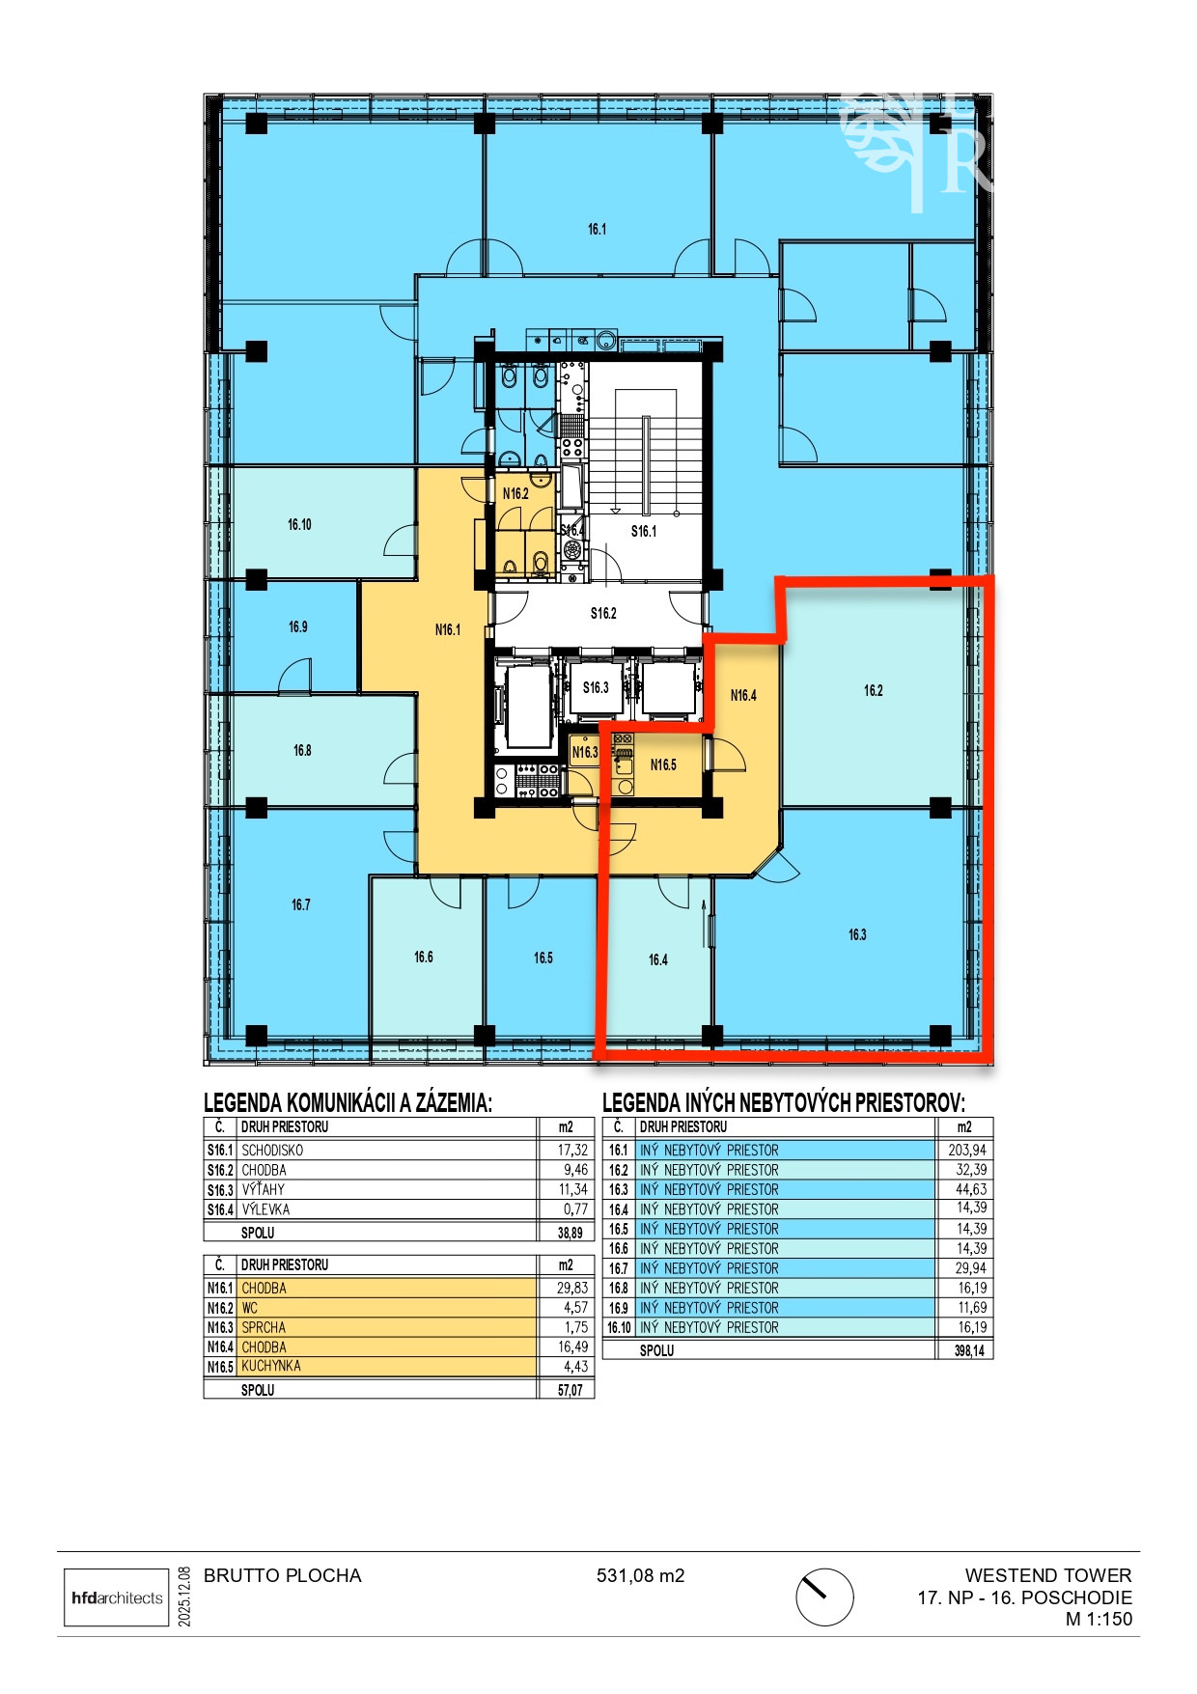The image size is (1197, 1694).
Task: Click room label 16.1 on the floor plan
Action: pos(597,230)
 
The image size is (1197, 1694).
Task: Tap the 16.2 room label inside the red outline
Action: pos(873,690)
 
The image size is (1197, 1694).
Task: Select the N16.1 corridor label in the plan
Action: pos(448,630)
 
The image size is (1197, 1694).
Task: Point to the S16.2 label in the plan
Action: pos(603,613)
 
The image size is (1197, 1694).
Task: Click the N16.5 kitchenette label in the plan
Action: pos(663,764)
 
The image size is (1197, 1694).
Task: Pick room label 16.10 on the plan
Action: pos(299,525)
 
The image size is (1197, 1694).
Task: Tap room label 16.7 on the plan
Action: pos(301,905)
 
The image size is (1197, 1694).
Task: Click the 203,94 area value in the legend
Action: pos(966,1150)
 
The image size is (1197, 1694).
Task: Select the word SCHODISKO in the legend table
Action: pos(272,1151)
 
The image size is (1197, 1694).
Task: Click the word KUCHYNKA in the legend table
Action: pos(271,1366)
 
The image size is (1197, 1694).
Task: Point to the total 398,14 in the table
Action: pos(969,1350)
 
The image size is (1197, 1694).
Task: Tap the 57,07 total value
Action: pos(571,1390)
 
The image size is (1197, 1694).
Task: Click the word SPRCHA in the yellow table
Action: pos(264,1327)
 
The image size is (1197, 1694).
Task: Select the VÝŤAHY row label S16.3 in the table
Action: pos(220,1190)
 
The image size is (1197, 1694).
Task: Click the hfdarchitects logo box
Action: pos(117,1597)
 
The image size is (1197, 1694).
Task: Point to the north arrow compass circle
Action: pos(824,1597)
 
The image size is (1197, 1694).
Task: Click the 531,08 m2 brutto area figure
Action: pos(640,1576)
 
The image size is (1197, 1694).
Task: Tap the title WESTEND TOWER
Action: pos(1048,1575)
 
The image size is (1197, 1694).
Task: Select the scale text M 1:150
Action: pos(1099,1620)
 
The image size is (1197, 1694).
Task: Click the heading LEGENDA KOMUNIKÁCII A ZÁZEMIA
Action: pos(348,1102)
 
